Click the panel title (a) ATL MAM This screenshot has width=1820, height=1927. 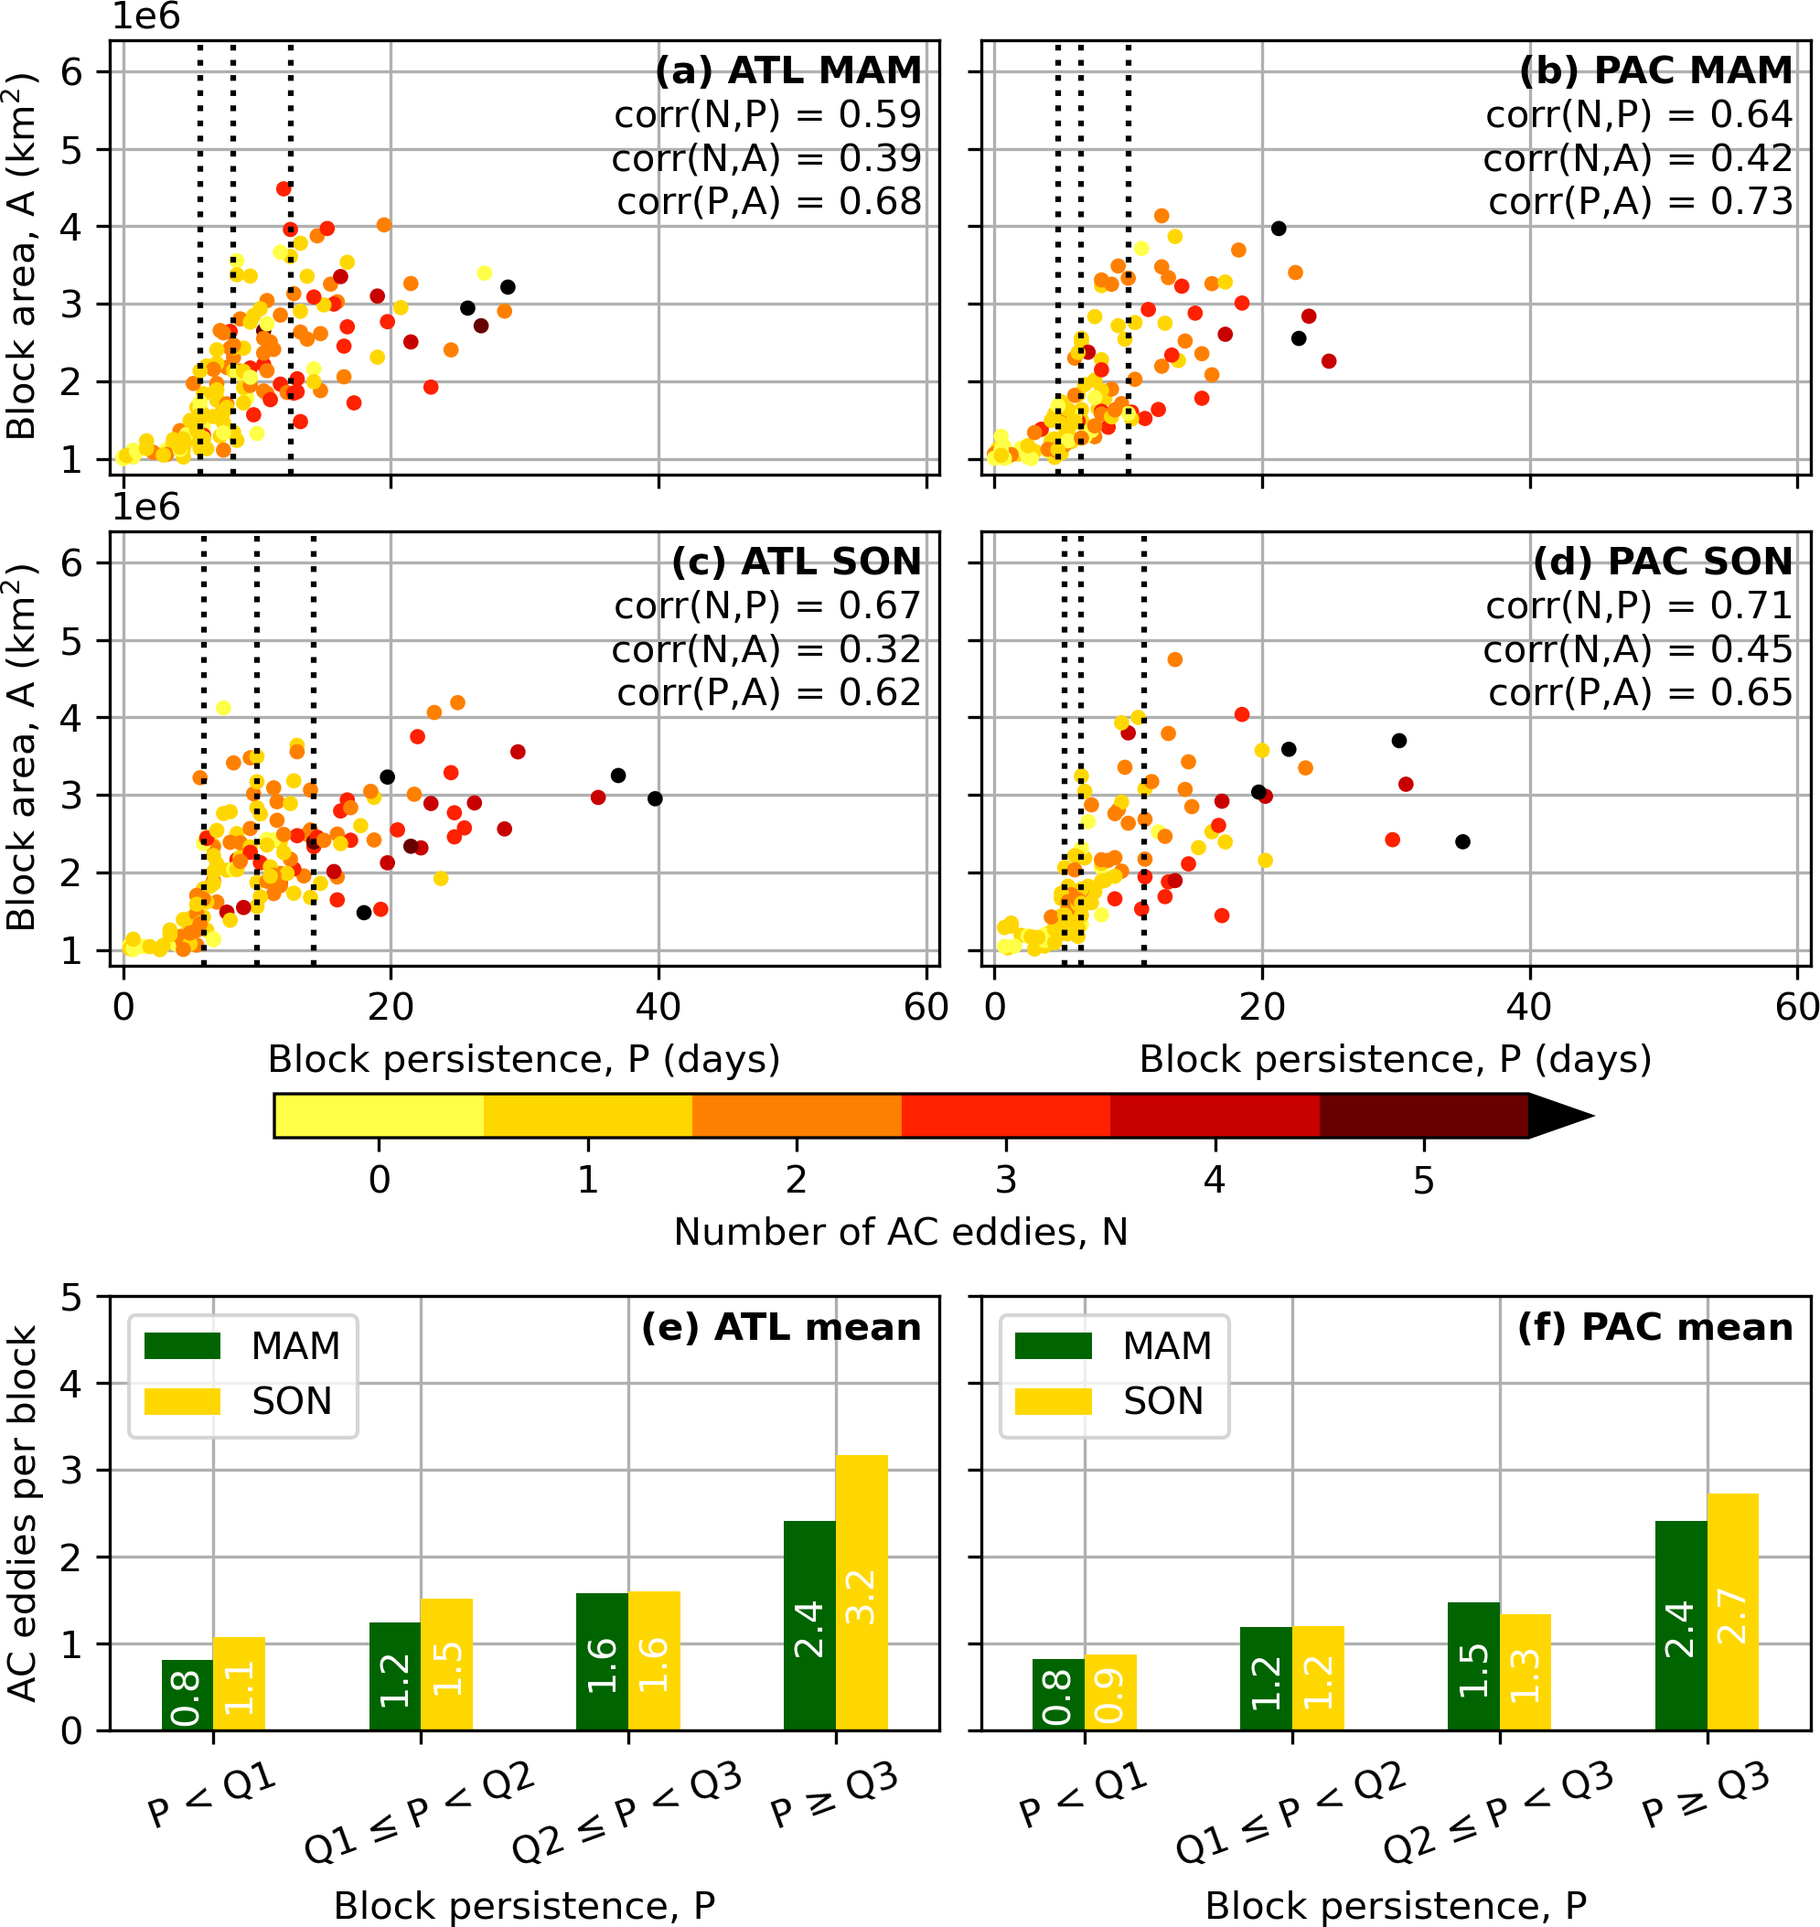click(787, 70)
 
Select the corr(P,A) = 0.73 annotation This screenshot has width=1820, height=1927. click(1641, 202)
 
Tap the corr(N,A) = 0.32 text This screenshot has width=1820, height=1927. click(765, 649)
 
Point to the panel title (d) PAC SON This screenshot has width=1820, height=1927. click(1663, 562)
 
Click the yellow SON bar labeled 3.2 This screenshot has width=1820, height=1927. click(862, 1592)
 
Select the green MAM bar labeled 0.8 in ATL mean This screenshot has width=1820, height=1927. click(187, 1694)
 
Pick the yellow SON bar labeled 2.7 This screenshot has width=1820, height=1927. click(1733, 1611)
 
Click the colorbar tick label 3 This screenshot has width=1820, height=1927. click(1006, 1180)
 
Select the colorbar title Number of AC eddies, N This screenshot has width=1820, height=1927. click(900, 1232)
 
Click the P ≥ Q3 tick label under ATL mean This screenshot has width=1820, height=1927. click(834, 1798)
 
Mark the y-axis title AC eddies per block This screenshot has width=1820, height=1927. click(23, 1513)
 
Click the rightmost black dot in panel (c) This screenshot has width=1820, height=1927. click(655, 798)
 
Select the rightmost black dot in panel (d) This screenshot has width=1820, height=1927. click(1463, 841)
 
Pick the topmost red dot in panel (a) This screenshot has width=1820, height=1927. click(284, 189)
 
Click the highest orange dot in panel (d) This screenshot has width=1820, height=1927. click(1175, 659)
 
